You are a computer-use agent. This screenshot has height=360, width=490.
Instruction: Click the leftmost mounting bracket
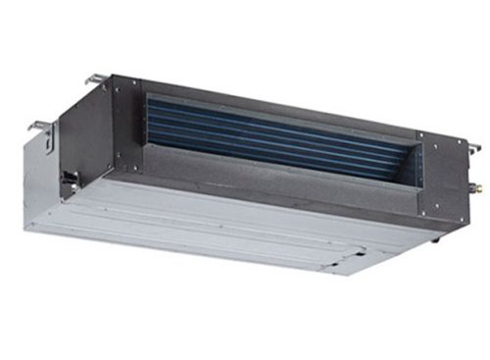pyautogui.click(x=39, y=126)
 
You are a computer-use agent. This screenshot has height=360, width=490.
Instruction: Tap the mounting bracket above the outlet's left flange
pyautogui.click(x=94, y=78)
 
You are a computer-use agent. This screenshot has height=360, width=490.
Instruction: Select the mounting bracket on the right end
pyautogui.click(x=473, y=147)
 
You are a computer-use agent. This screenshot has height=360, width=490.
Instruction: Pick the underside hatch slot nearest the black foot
pyautogui.click(x=353, y=250)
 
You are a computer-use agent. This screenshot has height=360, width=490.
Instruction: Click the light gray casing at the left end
pyautogui.click(x=44, y=186)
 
